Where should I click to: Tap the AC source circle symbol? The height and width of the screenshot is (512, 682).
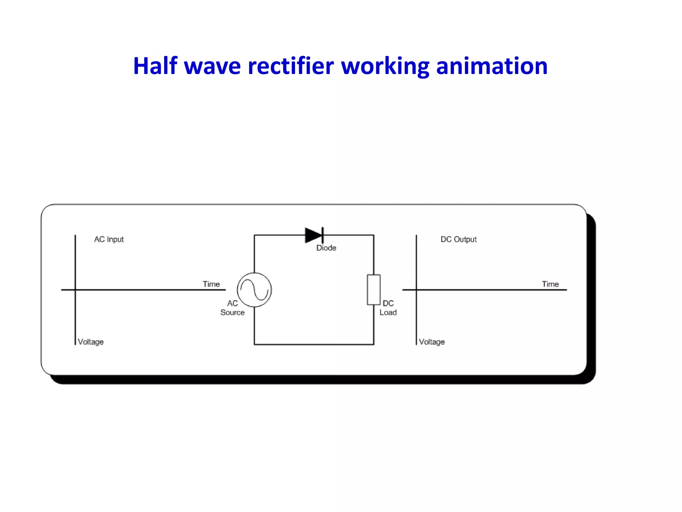click(254, 290)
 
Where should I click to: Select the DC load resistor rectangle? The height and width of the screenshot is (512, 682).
click(374, 290)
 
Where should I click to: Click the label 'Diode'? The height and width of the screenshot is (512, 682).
click(326, 248)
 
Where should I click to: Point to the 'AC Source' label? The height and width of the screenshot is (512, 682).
click(232, 308)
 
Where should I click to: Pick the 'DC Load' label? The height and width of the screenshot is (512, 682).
click(388, 308)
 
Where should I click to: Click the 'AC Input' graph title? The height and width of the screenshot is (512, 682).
click(109, 239)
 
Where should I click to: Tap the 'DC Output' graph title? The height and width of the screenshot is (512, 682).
click(459, 239)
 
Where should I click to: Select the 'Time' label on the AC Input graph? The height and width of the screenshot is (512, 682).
click(211, 284)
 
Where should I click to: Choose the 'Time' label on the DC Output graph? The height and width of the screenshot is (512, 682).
click(550, 284)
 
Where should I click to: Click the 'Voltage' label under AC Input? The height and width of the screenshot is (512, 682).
click(91, 342)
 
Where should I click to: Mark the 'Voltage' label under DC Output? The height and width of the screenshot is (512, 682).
click(432, 342)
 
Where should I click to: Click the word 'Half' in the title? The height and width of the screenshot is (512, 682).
click(155, 66)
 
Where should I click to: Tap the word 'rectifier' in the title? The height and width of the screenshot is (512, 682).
click(291, 66)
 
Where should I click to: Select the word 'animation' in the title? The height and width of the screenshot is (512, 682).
click(492, 66)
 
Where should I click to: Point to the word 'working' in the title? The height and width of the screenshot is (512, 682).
click(385, 66)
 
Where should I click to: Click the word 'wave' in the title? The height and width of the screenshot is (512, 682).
click(212, 66)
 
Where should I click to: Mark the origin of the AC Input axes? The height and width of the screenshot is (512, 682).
click(75, 290)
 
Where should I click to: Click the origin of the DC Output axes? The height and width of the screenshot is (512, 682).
click(416, 290)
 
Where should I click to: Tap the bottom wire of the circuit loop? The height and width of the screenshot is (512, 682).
click(314, 344)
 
